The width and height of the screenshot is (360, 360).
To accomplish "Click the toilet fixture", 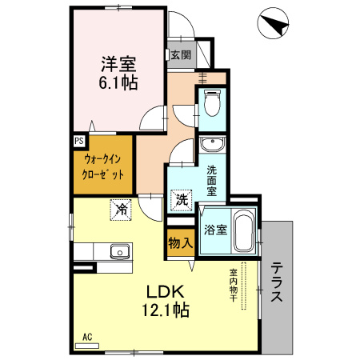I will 213,106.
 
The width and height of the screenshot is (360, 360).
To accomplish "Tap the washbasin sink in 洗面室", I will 213,145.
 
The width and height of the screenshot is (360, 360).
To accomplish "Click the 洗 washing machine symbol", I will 182,200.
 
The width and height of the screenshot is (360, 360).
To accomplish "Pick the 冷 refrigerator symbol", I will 122,210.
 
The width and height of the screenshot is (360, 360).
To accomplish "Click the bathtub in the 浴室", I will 243,231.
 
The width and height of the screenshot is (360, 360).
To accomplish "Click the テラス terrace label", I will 276,284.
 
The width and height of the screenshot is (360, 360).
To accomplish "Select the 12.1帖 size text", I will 166,310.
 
